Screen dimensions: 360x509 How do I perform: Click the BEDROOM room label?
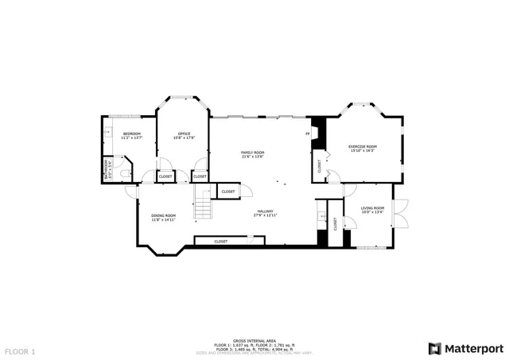coord(132,134)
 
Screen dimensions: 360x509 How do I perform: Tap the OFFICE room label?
coord(184,134)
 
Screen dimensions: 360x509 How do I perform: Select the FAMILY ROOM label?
coord(253,152)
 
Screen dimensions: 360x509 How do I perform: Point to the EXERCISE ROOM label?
coord(363,146)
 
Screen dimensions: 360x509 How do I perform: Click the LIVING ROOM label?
coord(372,208)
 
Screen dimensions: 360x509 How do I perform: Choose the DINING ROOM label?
coord(164,215)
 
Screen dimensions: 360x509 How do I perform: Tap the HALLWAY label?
coord(265,211)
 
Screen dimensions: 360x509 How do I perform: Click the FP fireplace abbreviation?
coord(308,134)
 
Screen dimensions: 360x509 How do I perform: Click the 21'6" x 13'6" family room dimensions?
coord(253,157)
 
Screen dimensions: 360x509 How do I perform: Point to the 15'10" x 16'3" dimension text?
coord(363,151)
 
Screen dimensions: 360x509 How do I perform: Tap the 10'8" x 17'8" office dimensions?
coord(184,137)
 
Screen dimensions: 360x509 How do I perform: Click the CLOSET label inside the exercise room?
coord(320,167)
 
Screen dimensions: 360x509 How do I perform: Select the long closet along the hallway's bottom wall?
coord(220,241)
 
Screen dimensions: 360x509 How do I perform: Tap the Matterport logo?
coord(466,348)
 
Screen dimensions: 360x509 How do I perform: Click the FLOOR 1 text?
coord(21,350)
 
